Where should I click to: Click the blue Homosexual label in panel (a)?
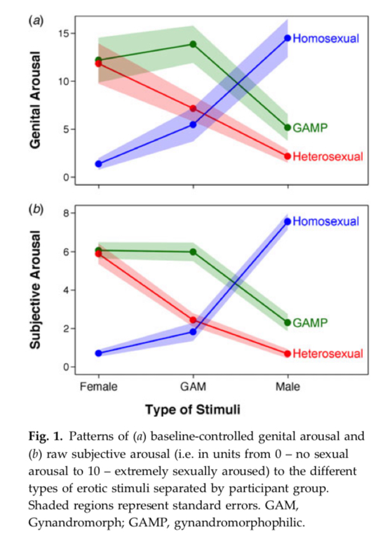coord(326,38)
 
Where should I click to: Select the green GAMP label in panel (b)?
coord(310,323)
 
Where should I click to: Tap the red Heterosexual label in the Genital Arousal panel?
coord(328,157)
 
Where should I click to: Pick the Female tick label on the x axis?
coord(98,386)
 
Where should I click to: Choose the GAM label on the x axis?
coord(193,386)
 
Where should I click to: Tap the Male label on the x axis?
coord(288,386)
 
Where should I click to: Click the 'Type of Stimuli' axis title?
coord(193,409)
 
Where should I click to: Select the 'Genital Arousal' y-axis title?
coord(36,100)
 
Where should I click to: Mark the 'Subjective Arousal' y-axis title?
coord(36,290)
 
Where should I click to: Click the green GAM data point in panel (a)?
coord(193,44)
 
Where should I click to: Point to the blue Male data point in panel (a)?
coord(288,38)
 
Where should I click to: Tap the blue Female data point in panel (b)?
coord(98,353)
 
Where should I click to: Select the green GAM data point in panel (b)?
coord(193,252)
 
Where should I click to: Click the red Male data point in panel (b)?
coord(288,353)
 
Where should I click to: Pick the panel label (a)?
coord(36,21)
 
